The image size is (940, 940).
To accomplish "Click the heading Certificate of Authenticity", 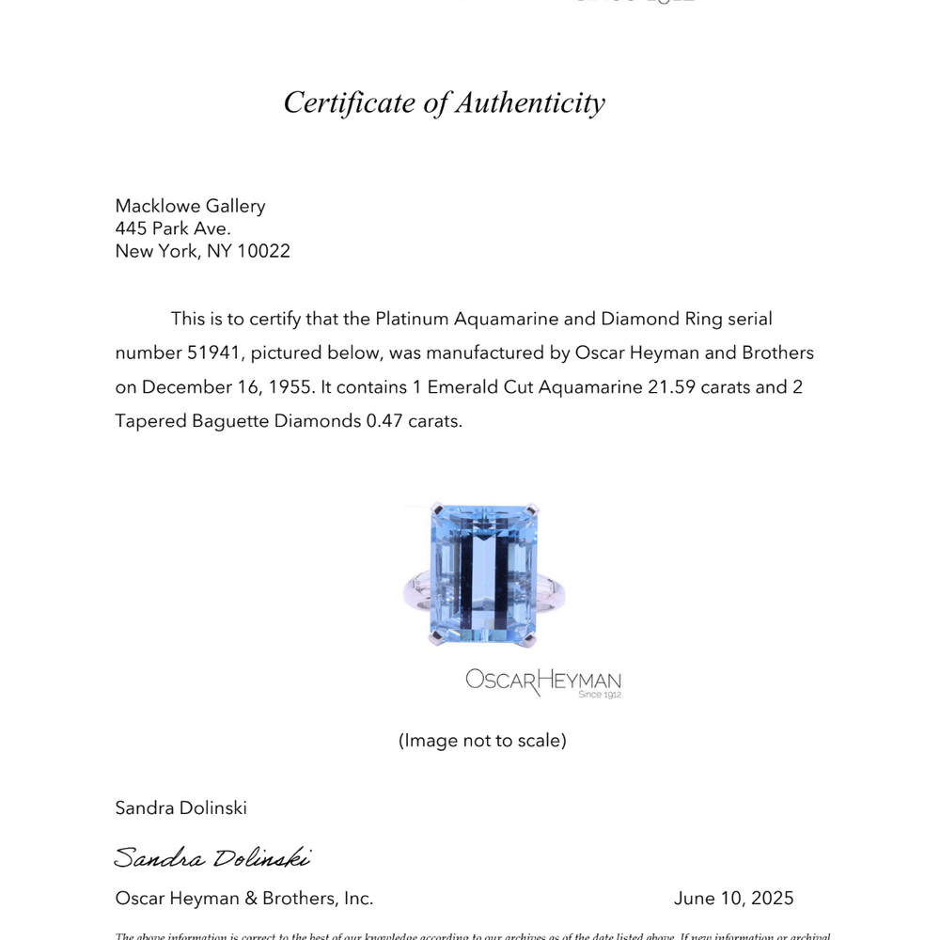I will (444, 102).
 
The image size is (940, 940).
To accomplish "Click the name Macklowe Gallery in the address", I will (190, 206).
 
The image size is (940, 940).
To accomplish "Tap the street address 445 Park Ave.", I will (173, 228).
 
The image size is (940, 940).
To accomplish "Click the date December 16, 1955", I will (224, 387).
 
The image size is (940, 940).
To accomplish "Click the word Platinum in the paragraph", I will (412, 319).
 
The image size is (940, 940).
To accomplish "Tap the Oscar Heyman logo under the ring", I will (543, 681).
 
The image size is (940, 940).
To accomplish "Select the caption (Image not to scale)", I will (482, 741).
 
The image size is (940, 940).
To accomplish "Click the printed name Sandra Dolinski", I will (180, 807).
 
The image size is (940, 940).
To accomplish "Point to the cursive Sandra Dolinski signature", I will (211, 857).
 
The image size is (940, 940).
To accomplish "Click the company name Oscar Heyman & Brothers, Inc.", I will (243, 899).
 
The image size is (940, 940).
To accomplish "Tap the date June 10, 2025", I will (733, 899).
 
